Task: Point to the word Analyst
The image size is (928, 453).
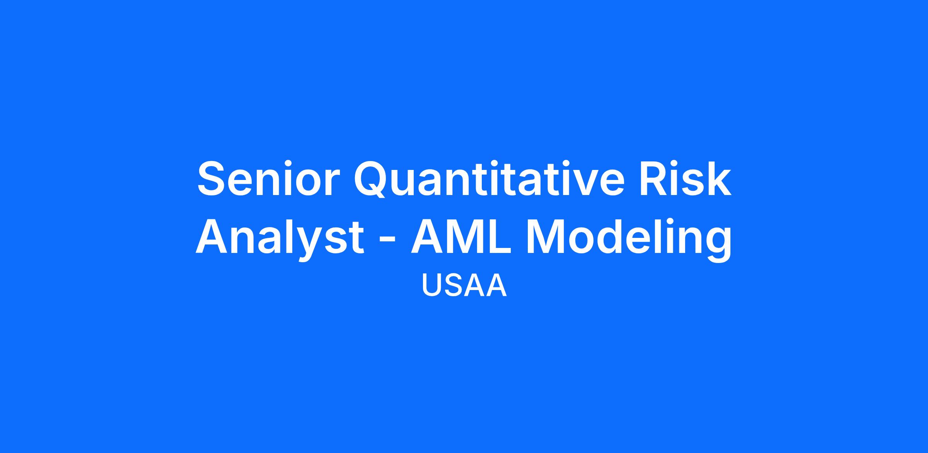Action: [280, 238]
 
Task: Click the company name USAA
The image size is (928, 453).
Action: [464, 286]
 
